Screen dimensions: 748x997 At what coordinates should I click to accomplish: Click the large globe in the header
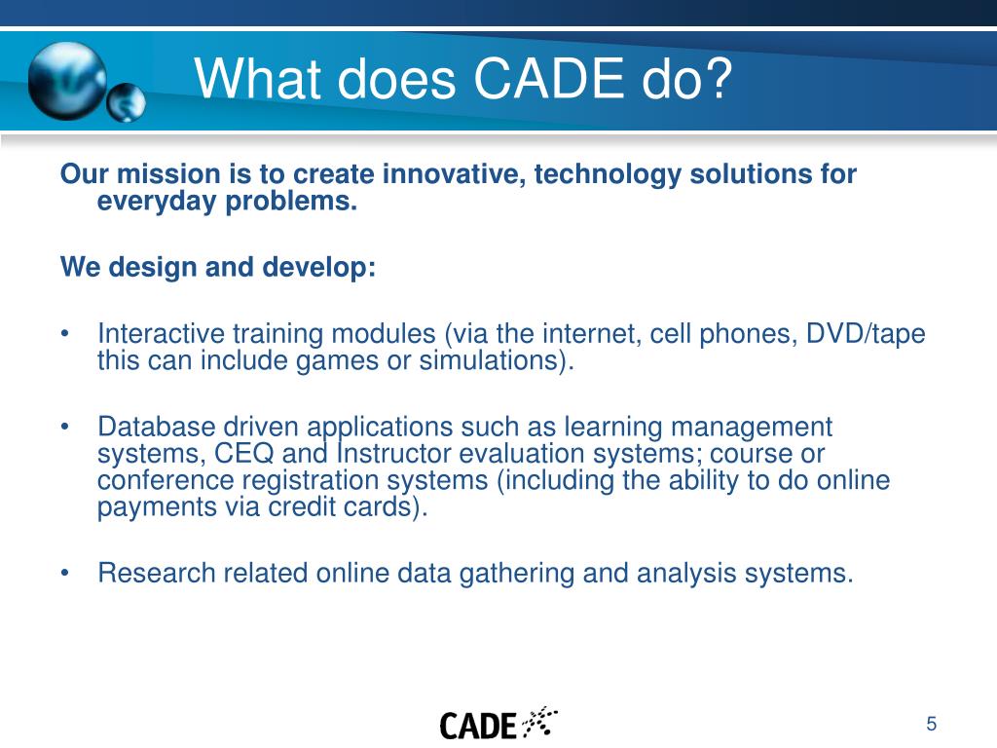coord(67,79)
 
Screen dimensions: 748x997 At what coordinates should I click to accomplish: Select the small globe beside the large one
coord(127,102)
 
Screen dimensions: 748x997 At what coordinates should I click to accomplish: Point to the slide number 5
coord(932,724)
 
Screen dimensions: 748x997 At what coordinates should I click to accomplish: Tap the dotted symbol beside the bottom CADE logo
coord(539,722)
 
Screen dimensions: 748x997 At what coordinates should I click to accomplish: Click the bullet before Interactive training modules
coord(65,335)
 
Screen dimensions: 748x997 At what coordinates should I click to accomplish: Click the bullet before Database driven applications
coord(65,428)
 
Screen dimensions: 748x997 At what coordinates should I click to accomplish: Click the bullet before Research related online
coord(65,573)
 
